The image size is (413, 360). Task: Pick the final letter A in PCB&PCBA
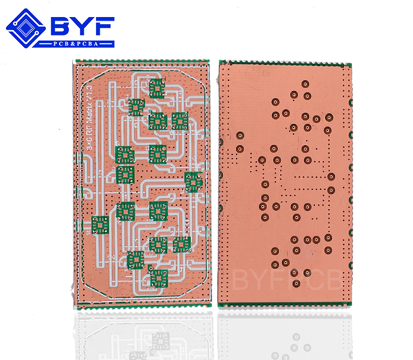[110, 44]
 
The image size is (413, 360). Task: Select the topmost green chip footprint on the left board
[157, 88]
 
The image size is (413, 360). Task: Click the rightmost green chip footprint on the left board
[193, 182]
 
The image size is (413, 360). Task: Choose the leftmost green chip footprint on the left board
[101, 224]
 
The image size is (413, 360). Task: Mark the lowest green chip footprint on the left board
[158, 277]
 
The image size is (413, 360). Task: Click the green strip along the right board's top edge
[285, 62]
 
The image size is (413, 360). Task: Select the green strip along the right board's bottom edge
[285, 303]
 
